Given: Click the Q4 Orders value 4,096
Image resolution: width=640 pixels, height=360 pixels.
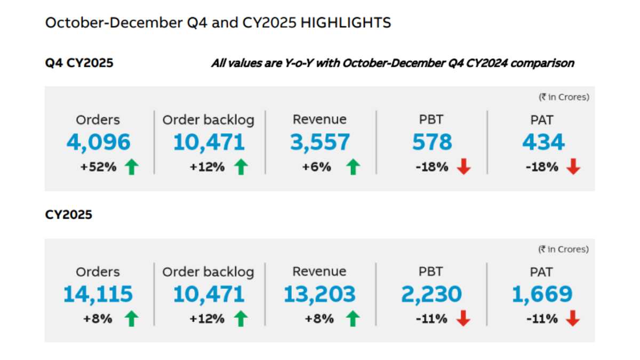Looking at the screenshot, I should point(99,142).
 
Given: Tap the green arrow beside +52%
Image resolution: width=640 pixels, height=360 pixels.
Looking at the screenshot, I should point(131,167).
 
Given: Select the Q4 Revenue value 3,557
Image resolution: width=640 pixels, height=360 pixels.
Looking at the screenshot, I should point(320,142).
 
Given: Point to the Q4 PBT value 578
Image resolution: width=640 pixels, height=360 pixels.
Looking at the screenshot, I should point(431,142).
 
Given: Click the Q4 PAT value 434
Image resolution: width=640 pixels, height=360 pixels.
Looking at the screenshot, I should point(543,142).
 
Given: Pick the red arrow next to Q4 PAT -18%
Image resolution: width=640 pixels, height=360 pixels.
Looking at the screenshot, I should point(573,167).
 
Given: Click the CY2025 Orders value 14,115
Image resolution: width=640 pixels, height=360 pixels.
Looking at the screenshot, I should point(98,294).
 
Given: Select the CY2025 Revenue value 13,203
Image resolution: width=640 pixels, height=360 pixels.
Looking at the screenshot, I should point(319,294).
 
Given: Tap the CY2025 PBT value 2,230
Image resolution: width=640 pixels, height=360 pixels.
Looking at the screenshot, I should point(431,294).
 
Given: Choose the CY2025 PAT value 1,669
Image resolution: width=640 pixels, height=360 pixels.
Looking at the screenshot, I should point(542,294).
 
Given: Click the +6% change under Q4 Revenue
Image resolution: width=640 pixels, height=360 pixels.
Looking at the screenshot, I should point(317,167).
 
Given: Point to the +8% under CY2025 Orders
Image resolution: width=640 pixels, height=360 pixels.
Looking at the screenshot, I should point(98,319).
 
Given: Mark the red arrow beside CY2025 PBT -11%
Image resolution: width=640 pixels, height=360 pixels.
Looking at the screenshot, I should point(463,319).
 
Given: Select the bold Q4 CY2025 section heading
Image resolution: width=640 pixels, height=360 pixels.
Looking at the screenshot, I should point(79,63).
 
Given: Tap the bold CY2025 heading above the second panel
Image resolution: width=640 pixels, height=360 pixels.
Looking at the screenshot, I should point(68,215).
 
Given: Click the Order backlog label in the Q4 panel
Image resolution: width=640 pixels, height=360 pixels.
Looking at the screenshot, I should point(209,120).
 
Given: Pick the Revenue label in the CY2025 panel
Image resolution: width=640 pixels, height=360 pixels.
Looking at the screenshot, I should point(319,271).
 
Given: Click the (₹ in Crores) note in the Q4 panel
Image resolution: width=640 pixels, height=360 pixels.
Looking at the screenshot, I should point(563,97).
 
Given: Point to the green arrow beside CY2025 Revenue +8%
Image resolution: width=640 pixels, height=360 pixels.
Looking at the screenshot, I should point(352,319).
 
